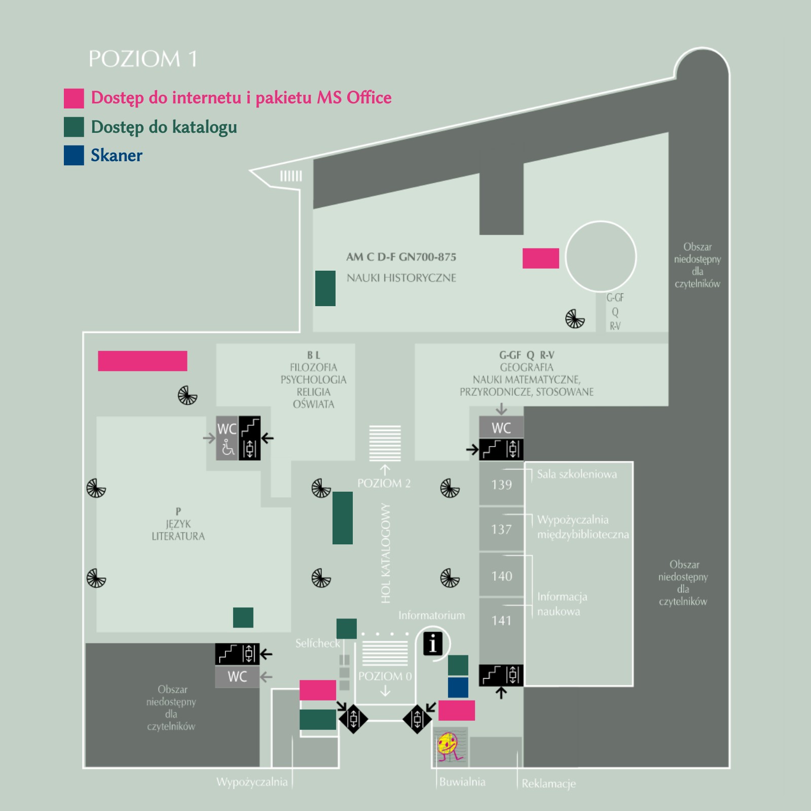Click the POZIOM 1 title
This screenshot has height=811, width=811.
[142, 59]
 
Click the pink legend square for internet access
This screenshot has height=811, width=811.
[74, 98]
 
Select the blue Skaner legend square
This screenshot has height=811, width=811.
[74, 156]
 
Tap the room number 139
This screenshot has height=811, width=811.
[501, 485]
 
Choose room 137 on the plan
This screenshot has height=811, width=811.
[501, 529]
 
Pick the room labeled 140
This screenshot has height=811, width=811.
[501, 576]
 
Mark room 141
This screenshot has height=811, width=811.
[501, 620]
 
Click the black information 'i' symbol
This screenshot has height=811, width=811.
[433, 644]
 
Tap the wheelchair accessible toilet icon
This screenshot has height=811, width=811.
[228, 449]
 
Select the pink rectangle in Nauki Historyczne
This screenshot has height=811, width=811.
[541, 258]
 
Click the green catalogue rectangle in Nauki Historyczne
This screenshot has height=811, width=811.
[325, 288]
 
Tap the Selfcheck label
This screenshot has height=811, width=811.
[318, 643]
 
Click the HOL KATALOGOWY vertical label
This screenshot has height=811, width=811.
[386, 553]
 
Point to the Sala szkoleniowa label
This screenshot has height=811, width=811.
[577, 474]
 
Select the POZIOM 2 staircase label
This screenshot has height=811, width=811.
[384, 483]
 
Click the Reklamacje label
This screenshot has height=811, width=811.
[549, 784]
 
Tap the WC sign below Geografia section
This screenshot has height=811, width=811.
[501, 428]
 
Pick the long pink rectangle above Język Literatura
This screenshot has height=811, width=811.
[142, 361]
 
